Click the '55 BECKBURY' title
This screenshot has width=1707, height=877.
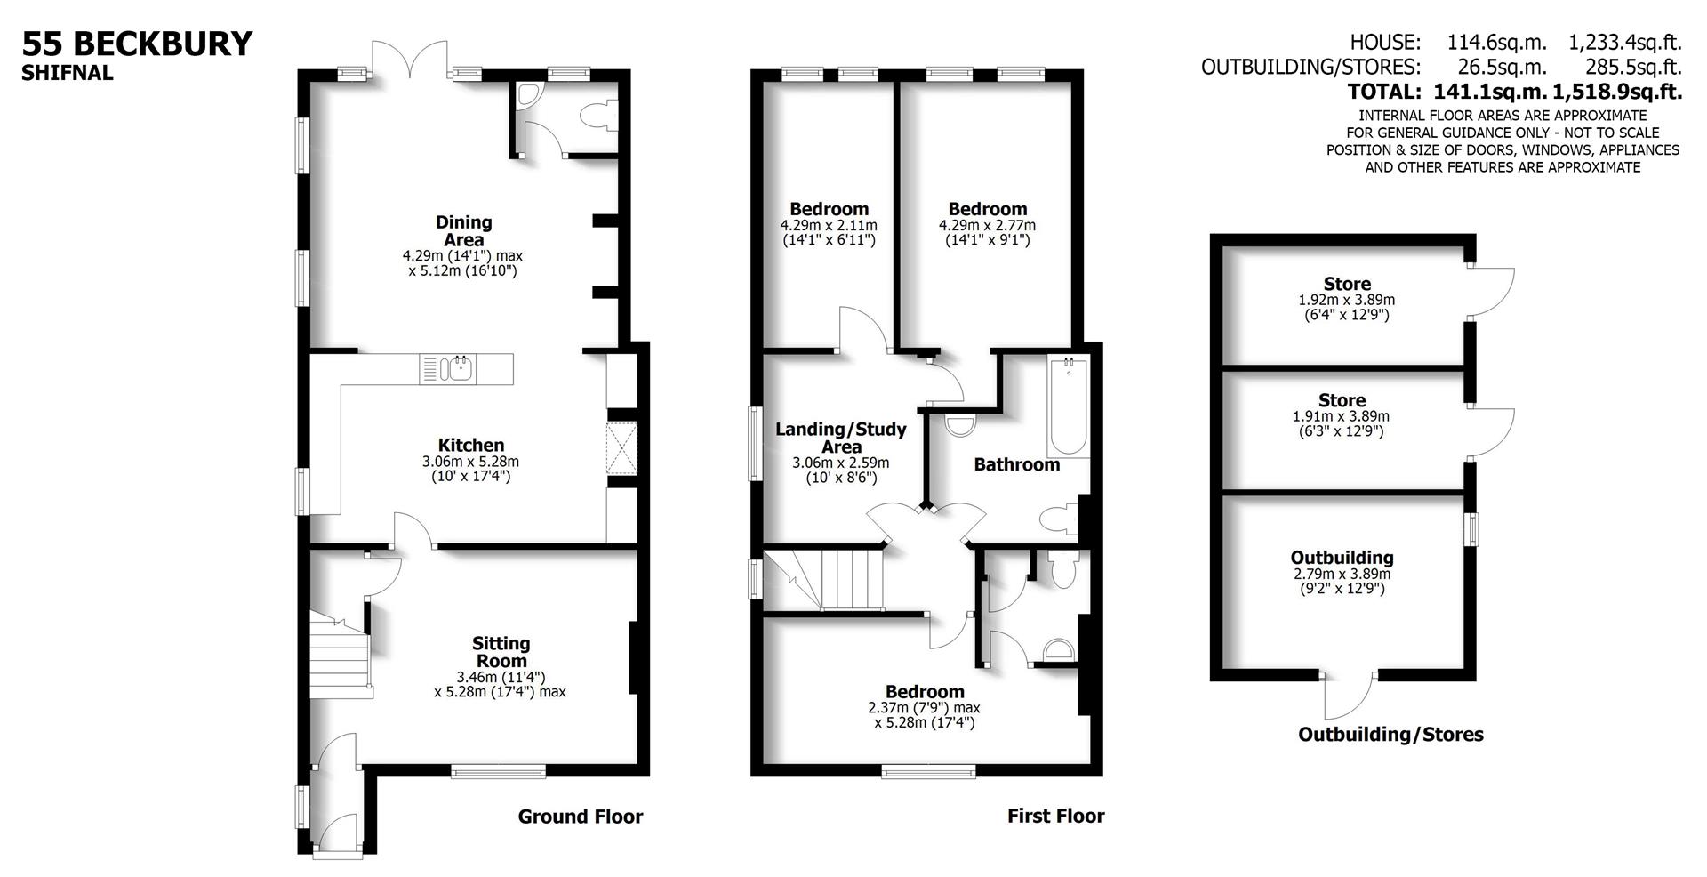pos(137,44)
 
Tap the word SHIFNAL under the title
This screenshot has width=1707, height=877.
pos(68,74)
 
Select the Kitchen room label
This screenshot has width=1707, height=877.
pos(470,446)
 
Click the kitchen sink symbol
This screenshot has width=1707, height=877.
pos(459,368)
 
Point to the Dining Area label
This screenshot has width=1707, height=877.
pos(463,230)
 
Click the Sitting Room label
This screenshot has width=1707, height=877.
pos(501,651)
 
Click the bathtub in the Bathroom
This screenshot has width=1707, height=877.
pos(1067,406)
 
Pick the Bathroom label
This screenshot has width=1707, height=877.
pos(1016,464)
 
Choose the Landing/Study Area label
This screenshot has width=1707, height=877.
pos(840,438)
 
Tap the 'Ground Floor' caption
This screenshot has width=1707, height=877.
pos(580,817)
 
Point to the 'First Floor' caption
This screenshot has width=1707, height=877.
pos(1055,816)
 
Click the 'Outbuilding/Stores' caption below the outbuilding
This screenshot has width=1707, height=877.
pos(1390,735)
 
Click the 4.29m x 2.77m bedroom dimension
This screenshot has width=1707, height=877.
pos(987,226)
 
